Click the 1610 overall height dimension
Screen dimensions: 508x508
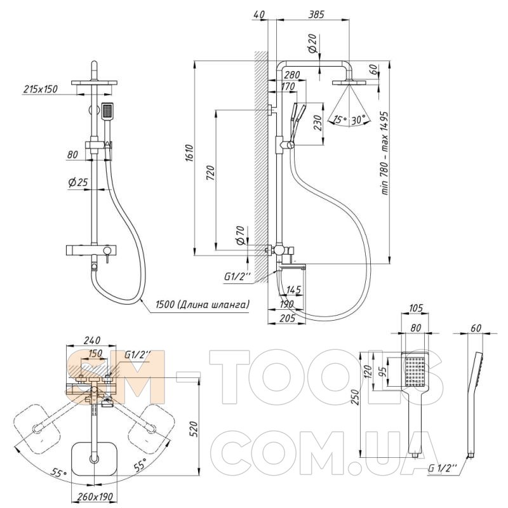point(189,154)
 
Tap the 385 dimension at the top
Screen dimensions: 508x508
point(316,14)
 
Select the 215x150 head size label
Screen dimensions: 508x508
point(41,89)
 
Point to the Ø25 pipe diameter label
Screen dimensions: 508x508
point(78,182)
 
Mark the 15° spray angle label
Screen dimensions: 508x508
point(340,119)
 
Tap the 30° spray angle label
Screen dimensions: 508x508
point(358,119)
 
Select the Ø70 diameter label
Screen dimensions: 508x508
point(240,235)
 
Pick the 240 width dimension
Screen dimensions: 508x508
point(92,340)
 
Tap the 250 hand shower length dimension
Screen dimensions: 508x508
point(356,398)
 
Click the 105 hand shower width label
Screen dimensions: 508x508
point(415,308)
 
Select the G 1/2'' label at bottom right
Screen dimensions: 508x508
point(443,468)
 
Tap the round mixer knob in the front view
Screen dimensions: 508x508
point(106,250)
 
